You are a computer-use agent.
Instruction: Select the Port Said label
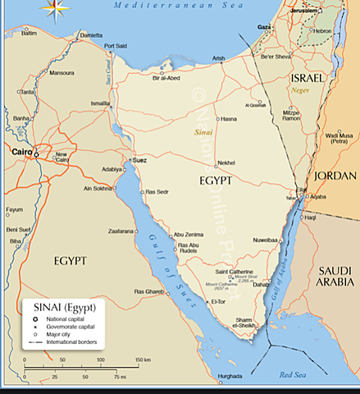[x=116, y=46]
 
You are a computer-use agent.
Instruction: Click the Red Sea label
[x=291, y=375]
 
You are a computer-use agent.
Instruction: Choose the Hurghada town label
[x=230, y=377]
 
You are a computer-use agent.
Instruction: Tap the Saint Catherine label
[x=234, y=272]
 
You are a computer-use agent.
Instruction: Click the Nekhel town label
[x=226, y=163]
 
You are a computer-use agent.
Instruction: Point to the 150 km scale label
[x=142, y=360]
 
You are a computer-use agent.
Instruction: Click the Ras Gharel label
[x=148, y=291]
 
